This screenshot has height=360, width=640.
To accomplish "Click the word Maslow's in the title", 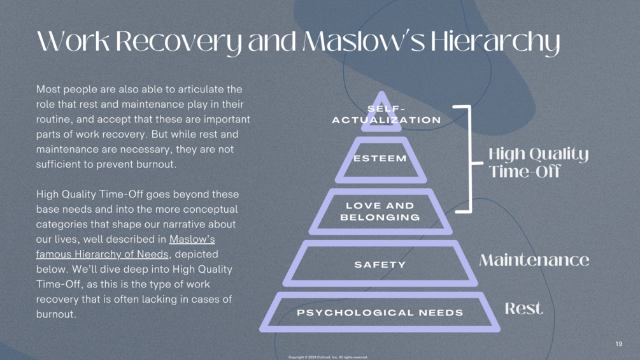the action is (x=364, y=41).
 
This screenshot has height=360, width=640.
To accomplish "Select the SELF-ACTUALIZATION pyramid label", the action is (x=387, y=114).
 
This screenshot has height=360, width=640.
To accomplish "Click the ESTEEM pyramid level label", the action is (x=380, y=159).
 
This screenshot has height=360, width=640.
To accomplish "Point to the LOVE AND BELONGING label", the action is (x=380, y=212).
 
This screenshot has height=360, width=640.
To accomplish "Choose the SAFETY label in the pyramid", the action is (x=380, y=265).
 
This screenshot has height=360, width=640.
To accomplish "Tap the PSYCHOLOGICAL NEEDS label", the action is (x=380, y=313).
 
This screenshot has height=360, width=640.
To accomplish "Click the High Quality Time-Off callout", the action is (x=539, y=162).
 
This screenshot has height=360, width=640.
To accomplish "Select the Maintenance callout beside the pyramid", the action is (x=534, y=260).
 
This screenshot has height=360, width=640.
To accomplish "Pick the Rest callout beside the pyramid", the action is (x=524, y=308).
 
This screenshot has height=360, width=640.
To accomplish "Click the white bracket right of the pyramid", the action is (x=470, y=159).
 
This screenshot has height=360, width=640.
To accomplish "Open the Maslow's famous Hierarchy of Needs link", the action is (x=125, y=247).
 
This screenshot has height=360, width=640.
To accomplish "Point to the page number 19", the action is (x=619, y=343).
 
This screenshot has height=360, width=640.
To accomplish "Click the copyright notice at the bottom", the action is (x=328, y=357).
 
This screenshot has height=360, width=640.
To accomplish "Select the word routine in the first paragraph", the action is (x=52, y=119).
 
